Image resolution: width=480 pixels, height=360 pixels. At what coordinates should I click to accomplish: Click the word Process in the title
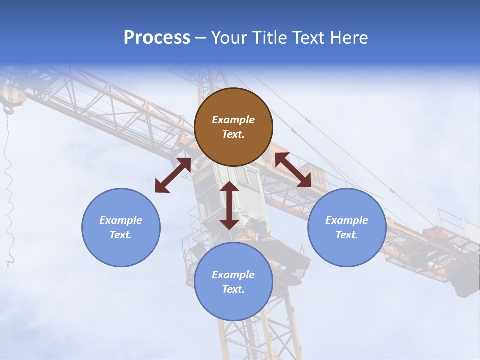pyautogui.click(x=157, y=38)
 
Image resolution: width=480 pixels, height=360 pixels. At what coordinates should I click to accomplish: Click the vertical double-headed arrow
pyautogui.click(x=229, y=205)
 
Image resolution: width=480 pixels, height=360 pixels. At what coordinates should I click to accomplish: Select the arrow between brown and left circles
pyautogui.click(x=173, y=175)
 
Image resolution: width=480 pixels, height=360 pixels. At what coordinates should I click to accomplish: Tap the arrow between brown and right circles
pyautogui.click(x=293, y=170)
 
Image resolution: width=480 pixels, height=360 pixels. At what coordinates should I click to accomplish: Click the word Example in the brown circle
pyautogui.click(x=233, y=120)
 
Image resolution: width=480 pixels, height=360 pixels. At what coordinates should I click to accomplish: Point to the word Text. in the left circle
pyautogui.click(x=121, y=235)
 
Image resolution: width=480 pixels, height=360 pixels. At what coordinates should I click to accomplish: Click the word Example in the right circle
pyautogui.click(x=347, y=220)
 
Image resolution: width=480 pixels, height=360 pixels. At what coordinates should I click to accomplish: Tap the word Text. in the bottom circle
pyautogui.click(x=233, y=289)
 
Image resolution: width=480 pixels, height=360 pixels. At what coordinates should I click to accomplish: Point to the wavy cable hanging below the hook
pyautogui.click(x=8, y=190)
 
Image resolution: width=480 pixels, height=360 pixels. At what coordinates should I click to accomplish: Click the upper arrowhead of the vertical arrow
pyautogui.click(x=229, y=187)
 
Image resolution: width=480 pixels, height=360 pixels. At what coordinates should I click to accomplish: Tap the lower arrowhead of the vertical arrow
pyautogui.click(x=229, y=223)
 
